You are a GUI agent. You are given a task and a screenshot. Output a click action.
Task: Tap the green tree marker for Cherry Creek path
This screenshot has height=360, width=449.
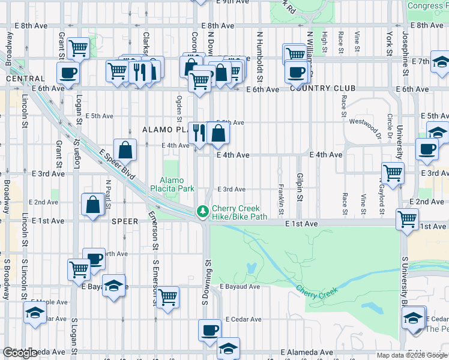point(203,211)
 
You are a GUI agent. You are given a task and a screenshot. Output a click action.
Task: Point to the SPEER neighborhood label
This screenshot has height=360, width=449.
point(124,221)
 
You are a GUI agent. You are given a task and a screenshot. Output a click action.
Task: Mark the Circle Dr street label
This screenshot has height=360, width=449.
point(390,124)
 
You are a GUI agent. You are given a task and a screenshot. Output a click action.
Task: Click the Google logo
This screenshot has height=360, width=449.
point(20,353)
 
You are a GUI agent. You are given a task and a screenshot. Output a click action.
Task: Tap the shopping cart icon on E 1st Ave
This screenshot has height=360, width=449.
point(407,219)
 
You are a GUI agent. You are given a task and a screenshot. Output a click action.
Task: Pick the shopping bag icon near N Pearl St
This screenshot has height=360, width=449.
point(94,204)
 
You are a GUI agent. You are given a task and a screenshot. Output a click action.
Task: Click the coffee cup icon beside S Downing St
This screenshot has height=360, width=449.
point(210,329)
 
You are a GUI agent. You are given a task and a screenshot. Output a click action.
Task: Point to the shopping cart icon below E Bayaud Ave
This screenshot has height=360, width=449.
point(167,296)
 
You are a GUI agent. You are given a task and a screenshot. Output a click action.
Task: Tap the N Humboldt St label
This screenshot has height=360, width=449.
point(261,57)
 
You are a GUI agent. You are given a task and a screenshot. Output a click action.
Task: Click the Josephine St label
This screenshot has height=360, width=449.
point(405,47)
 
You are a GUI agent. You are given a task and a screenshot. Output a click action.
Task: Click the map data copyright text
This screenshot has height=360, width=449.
point(412,355)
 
